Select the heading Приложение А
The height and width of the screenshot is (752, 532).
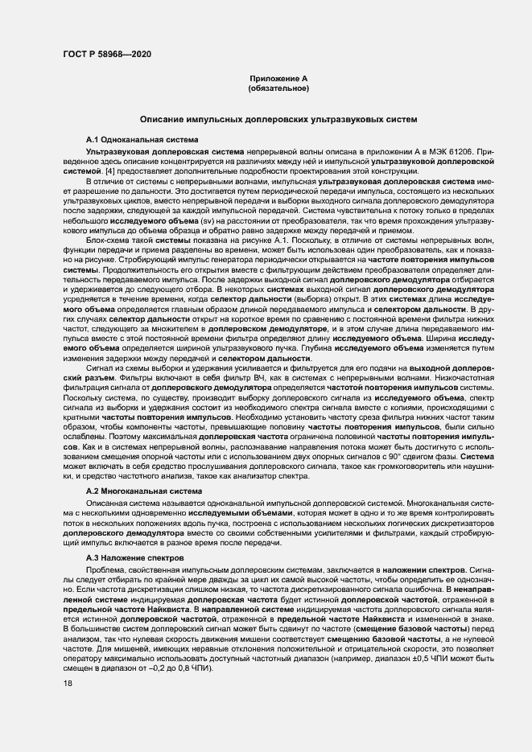point(278,78)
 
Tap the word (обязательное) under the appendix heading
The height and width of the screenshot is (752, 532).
point(278,87)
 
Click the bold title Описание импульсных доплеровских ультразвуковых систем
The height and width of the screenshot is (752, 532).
point(278,119)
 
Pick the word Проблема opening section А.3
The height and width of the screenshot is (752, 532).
point(107,569)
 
